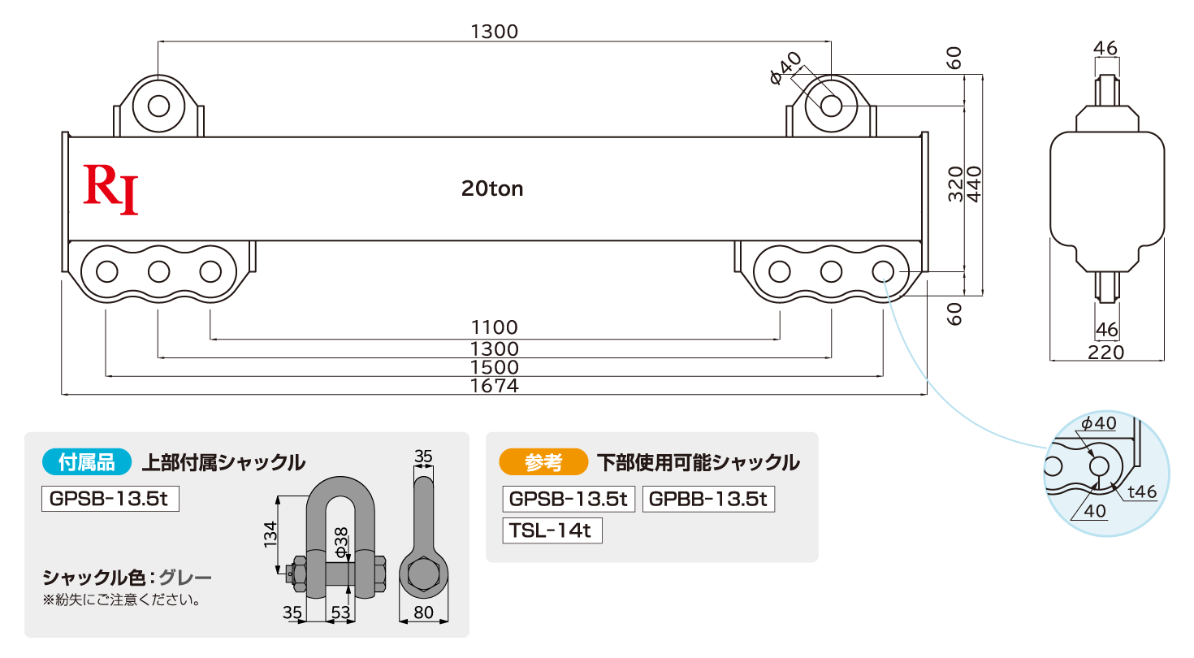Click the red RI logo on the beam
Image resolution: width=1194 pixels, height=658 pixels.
(110, 190)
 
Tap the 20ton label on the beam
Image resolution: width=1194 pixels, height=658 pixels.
(492, 188)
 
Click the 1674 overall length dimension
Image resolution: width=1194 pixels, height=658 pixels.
(494, 386)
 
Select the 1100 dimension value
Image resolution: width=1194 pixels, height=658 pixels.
(494, 327)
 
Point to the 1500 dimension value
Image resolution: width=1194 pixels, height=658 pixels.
(494, 367)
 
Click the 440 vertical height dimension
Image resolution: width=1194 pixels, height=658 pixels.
(974, 184)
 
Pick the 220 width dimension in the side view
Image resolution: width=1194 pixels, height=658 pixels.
(1106, 353)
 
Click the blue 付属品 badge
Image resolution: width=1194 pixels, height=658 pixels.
(87, 461)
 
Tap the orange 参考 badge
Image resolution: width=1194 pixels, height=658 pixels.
(543, 461)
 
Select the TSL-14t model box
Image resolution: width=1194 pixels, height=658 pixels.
(552, 530)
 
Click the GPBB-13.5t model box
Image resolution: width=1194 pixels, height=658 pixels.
(708, 499)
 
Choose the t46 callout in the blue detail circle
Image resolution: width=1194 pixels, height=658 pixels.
(1142, 491)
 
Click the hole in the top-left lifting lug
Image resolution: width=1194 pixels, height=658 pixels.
(158, 106)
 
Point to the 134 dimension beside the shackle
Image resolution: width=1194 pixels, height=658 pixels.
(270, 534)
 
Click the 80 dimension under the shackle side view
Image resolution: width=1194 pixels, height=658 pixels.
(424, 613)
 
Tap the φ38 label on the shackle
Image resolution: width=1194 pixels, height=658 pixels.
(341, 543)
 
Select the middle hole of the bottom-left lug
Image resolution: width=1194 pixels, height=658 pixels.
(159, 271)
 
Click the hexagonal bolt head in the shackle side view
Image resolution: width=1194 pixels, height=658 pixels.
(423, 574)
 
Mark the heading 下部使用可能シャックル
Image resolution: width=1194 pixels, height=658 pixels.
(699, 462)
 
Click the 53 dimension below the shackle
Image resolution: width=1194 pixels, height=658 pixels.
(340, 613)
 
